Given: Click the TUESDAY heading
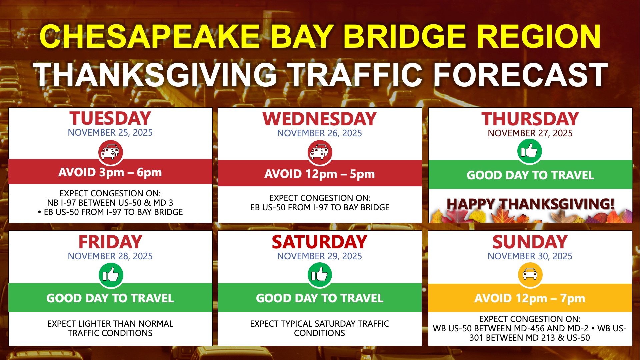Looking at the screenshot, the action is pos(110,118).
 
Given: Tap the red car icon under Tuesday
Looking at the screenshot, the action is pos(111,152).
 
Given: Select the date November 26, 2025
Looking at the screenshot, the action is pos(319,133).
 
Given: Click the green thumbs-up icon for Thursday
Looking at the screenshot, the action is pos(530,151).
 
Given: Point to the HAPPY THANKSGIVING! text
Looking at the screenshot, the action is pos(530,204).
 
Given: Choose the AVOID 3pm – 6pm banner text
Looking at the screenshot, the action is pos(110,172).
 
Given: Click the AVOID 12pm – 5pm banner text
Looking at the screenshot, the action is pos(319,174).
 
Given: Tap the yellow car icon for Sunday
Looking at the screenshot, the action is pos(530,275).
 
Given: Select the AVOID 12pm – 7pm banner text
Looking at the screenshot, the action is pos(530,298).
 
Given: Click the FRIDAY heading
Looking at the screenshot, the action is pos(110,242).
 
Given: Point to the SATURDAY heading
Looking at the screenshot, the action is pos(319,242).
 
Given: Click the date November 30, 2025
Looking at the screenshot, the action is pos(530,256).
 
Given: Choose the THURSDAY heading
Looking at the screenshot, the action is pos(530,119).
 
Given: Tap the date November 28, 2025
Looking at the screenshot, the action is pos(110,256).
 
